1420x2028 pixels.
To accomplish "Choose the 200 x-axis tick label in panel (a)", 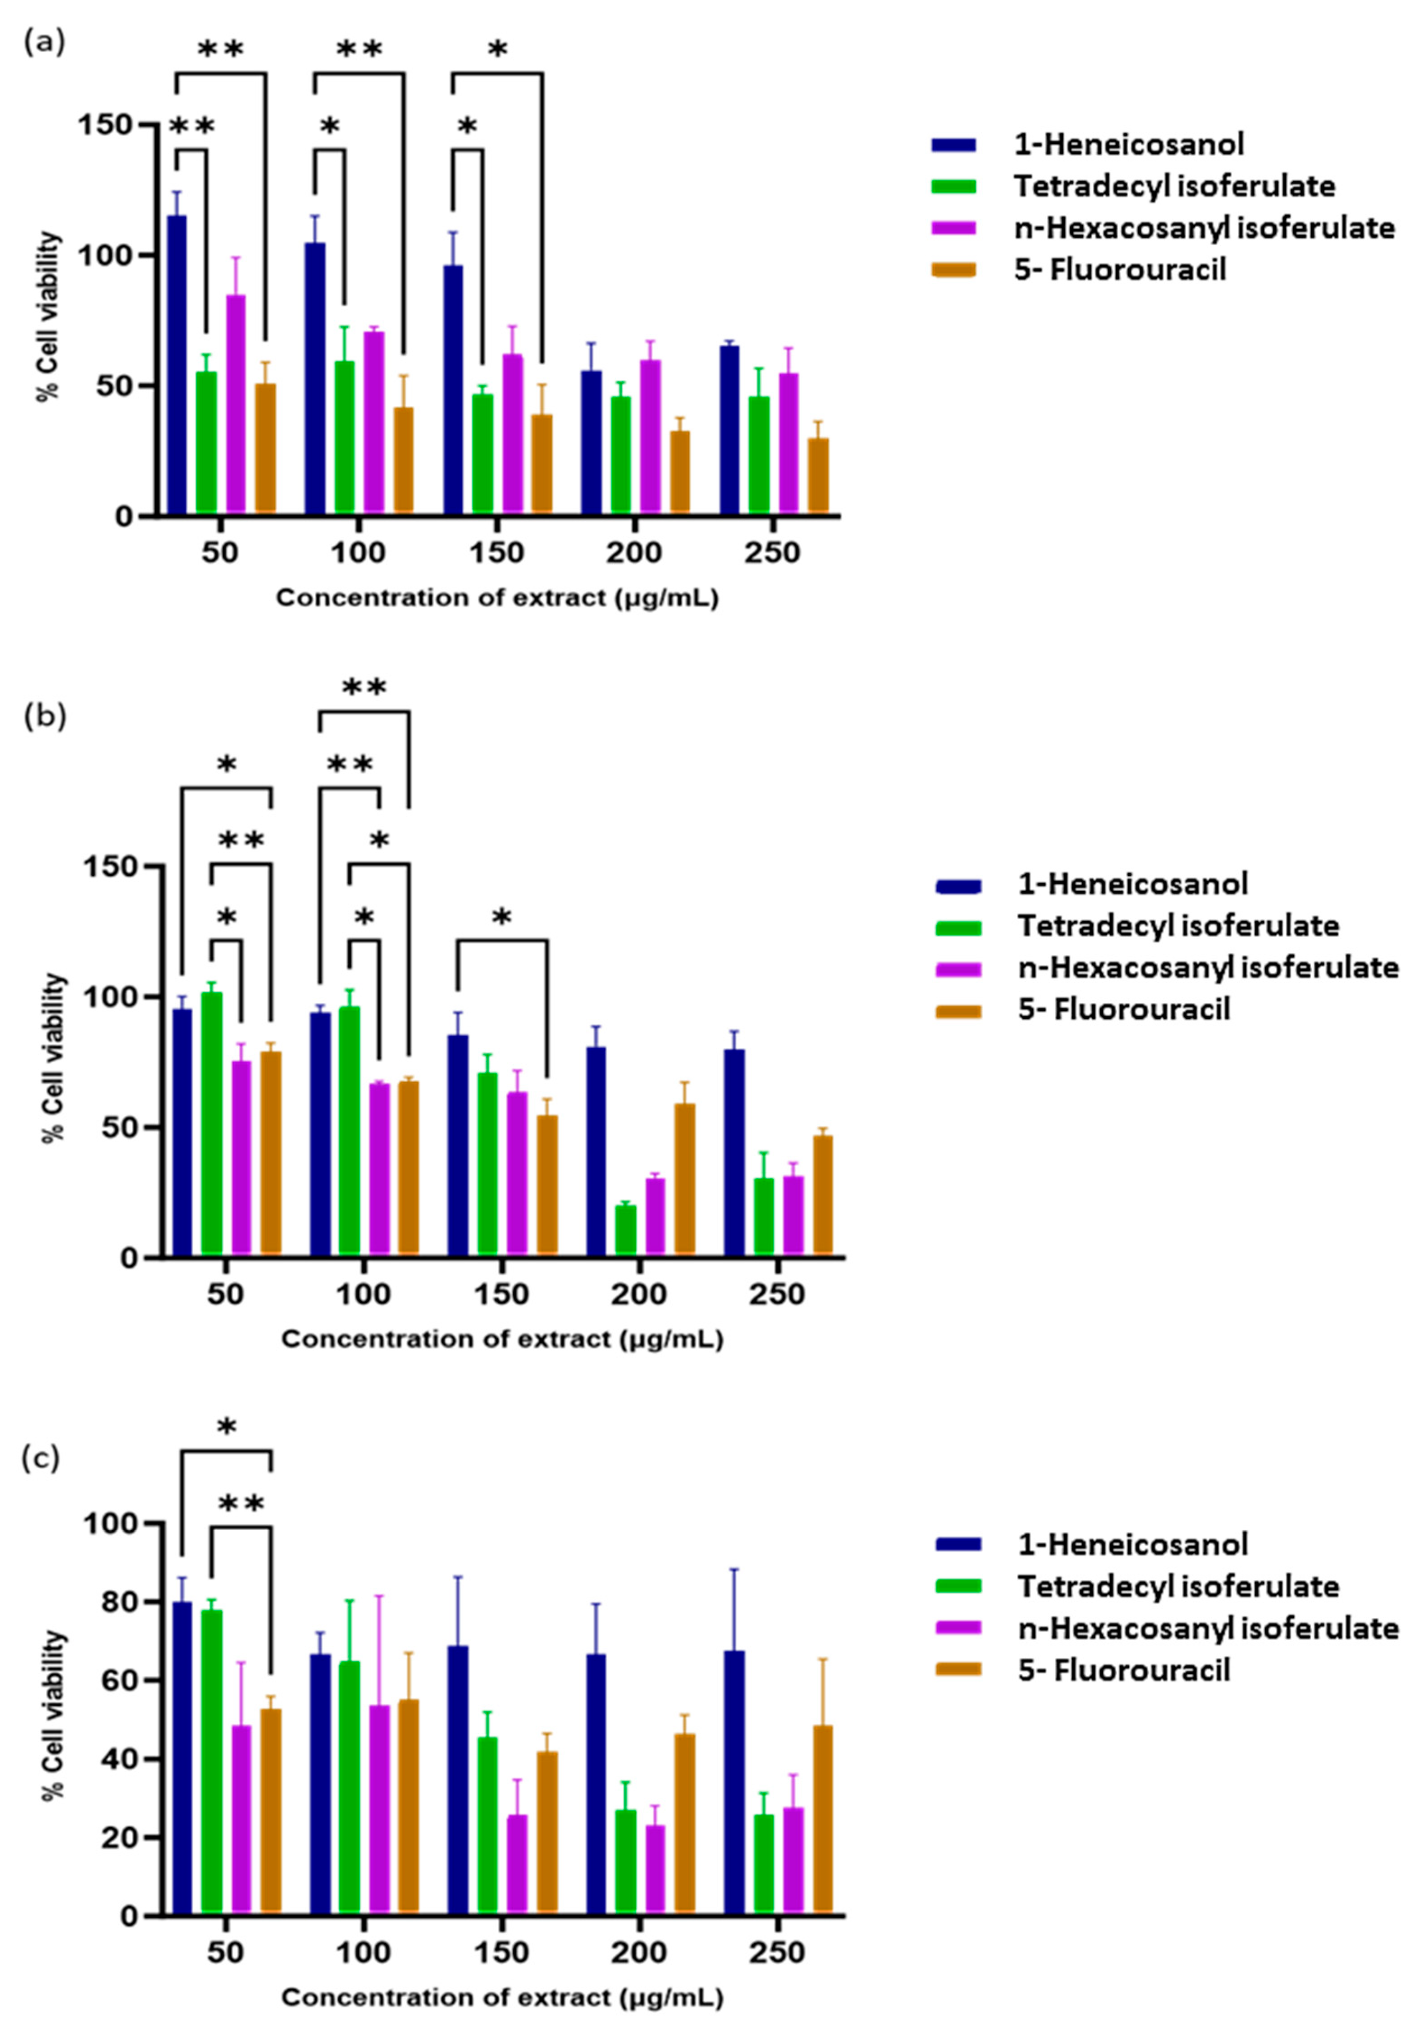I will [x=634, y=554].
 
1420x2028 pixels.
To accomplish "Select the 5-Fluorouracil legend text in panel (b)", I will [x=1123, y=1008].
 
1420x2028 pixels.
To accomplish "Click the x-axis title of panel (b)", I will [x=502, y=1339].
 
